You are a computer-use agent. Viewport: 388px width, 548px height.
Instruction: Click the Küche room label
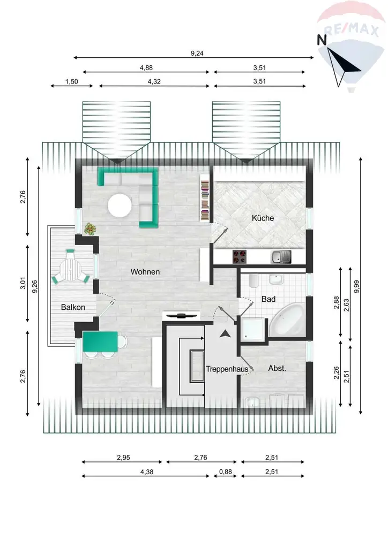(263, 218)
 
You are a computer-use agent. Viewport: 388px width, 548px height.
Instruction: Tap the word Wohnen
(145, 272)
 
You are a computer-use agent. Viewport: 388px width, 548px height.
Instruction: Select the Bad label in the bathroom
(268, 299)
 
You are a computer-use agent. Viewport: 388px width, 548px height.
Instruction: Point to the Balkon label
(72, 308)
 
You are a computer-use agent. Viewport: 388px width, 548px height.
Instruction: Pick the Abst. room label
(277, 368)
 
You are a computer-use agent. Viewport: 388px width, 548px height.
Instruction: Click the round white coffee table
(120, 204)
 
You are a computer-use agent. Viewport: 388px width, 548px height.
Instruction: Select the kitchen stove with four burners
(240, 257)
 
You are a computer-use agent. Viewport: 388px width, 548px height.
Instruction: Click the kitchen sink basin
(277, 257)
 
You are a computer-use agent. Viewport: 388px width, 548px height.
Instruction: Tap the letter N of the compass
(322, 39)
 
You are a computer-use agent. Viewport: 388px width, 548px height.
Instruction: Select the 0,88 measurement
(225, 471)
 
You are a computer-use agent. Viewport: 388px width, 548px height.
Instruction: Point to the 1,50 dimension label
(71, 81)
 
